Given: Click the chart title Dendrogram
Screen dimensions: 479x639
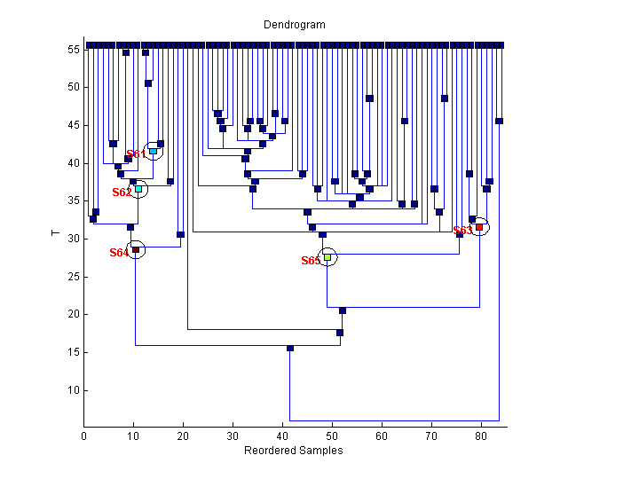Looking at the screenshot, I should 294,25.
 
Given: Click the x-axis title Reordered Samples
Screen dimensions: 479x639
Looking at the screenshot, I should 293,451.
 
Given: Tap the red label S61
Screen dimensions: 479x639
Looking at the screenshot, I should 136,154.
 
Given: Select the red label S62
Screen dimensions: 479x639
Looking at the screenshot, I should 122,192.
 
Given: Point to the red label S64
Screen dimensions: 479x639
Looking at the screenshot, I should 119,253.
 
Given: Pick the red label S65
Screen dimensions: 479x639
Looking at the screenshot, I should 310,261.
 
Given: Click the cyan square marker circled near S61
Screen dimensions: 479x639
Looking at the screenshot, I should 154,152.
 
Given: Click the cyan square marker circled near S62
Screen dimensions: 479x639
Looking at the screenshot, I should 138,189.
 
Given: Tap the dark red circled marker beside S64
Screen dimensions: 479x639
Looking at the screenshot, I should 136,250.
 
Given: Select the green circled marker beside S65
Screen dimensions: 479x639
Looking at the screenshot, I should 327,257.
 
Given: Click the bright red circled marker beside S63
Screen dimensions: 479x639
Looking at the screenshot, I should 479,227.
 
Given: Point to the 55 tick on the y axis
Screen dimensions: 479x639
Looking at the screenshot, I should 73,50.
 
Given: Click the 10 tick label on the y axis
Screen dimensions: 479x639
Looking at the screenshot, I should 73,389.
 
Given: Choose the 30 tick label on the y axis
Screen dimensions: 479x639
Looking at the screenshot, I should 73,239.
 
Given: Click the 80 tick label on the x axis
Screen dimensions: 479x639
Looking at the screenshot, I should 481,436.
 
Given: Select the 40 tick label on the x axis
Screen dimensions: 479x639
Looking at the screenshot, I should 282,436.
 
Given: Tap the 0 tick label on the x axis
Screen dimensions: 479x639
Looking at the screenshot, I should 84,436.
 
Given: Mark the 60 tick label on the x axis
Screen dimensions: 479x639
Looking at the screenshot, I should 382,436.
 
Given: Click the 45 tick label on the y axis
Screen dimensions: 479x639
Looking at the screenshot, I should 73,125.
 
